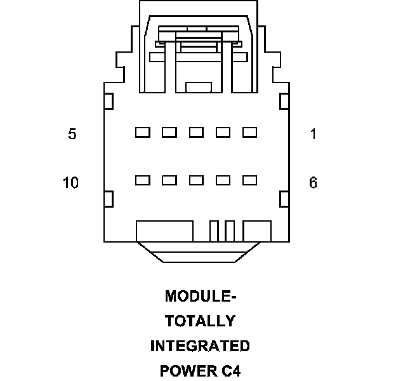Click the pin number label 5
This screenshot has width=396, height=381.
click(x=72, y=134)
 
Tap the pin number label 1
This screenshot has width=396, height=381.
click(x=313, y=134)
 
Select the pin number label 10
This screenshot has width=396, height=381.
click(x=70, y=183)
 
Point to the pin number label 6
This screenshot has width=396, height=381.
click(x=313, y=183)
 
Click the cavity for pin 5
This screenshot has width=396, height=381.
click(x=142, y=132)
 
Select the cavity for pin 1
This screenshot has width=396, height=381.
click(x=249, y=132)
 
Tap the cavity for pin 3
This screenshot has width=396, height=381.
click(x=196, y=132)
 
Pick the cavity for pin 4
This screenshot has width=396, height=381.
click(x=169, y=132)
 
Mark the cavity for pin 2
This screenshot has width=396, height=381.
click(x=223, y=132)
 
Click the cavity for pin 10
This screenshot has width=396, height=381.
click(x=142, y=180)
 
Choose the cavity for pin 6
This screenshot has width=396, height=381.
click(x=249, y=180)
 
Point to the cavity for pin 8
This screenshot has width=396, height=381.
click(x=196, y=180)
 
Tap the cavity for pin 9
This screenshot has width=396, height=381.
click(x=169, y=180)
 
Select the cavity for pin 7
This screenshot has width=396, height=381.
click(x=223, y=180)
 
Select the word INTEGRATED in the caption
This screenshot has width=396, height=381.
click(x=200, y=346)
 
